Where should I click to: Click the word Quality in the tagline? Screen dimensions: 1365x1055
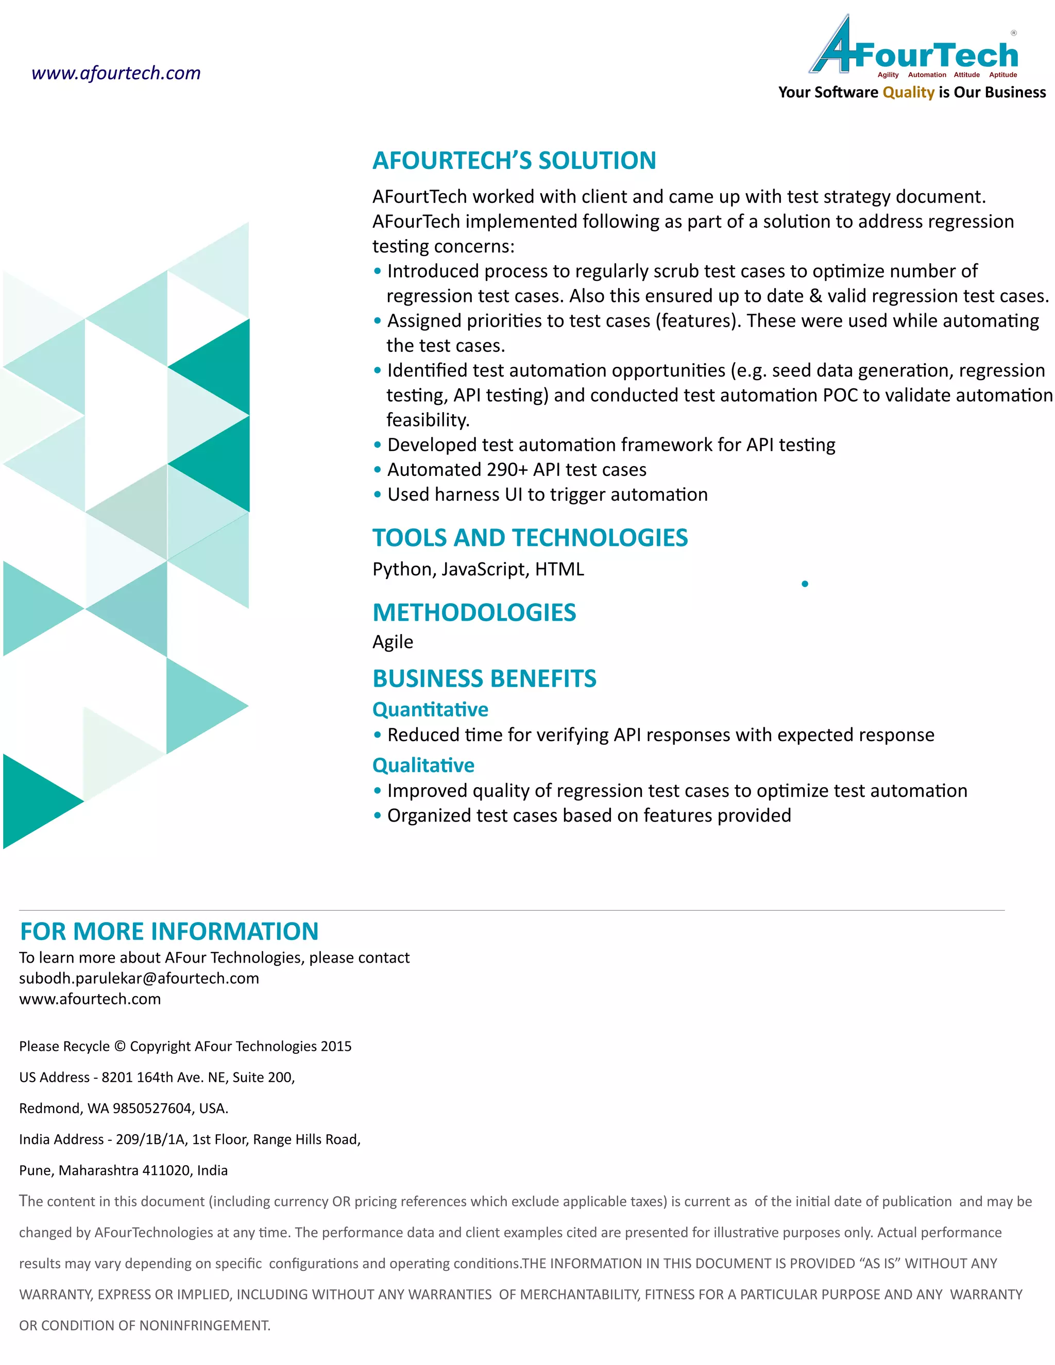coord(908,93)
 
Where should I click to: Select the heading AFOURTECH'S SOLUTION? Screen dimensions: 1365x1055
coord(514,161)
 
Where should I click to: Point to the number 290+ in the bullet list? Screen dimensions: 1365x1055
coord(507,469)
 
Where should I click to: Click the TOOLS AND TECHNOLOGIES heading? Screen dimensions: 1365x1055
coord(530,537)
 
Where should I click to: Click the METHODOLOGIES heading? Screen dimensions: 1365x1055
coord(474,612)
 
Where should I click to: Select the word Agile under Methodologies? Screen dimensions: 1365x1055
coord(393,642)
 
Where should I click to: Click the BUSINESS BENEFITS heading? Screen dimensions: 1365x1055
coord(484,678)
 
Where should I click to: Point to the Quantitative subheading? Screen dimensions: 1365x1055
coord(430,709)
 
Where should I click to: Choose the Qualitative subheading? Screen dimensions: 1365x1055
coord(423,765)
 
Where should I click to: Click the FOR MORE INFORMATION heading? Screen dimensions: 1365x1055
coord(169,931)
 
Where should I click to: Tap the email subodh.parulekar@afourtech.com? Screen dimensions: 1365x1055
coord(139,978)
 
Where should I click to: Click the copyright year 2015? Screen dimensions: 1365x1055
coord(336,1046)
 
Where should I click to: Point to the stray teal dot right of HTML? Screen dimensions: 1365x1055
coord(805,584)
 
